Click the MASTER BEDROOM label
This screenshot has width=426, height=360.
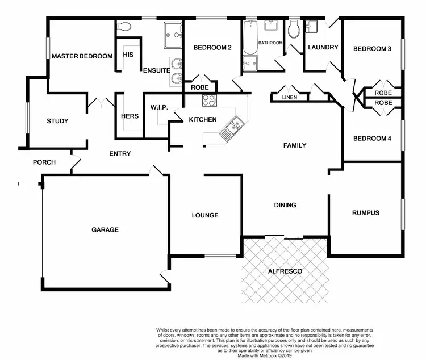[82, 56]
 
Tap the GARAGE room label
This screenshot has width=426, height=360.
[105, 230]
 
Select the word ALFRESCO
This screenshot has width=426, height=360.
[285, 271]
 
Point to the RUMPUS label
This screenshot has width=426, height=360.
[365, 213]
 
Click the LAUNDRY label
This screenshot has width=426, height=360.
[323, 48]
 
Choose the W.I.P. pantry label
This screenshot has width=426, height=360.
[158, 107]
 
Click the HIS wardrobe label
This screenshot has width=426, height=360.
[128, 55]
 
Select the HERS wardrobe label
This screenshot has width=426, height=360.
[130, 116]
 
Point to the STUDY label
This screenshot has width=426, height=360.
[57, 121]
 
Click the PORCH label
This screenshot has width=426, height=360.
[44, 162]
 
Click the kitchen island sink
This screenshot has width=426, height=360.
[233, 128]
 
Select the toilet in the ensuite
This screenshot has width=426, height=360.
[126, 26]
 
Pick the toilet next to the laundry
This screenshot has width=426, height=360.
[294, 30]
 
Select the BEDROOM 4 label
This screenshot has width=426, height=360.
[372, 138]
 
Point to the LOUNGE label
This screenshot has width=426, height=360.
[205, 215]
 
